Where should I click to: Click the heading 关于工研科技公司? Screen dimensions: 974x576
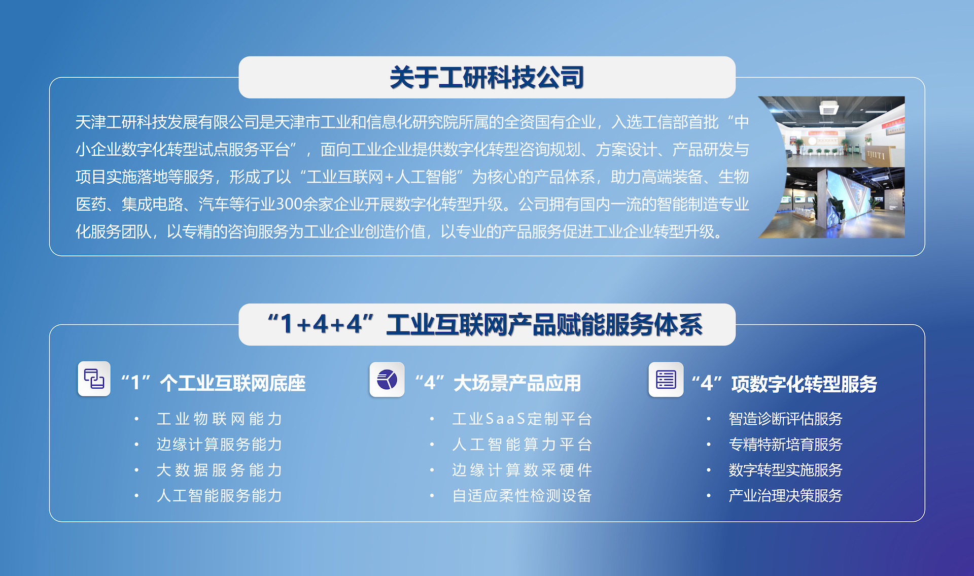(486, 78)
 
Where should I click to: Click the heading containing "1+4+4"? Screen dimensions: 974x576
(485, 324)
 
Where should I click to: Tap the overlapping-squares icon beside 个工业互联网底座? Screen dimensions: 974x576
(94, 379)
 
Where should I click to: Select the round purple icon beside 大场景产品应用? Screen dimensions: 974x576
(387, 380)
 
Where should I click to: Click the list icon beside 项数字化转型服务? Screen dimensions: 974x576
(666, 380)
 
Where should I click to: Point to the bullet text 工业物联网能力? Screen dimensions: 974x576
(219, 419)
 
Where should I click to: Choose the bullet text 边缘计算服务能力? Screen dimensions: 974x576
(219, 445)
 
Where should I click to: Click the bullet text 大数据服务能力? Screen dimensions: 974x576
(219, 470)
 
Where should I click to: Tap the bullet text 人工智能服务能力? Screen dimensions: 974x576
(219, 495)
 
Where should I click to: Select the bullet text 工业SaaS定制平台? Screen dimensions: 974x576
(522, 419)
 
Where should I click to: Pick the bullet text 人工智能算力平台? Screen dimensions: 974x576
(522, 445)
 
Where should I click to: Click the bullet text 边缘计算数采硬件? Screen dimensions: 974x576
(522, 470)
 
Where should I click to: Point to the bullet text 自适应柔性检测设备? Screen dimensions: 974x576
(522, 495)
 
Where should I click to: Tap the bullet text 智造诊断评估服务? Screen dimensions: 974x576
(785, 419)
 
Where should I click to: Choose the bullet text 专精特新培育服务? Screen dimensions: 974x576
(785, 445)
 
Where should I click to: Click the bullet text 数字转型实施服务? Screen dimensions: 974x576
(785, 470)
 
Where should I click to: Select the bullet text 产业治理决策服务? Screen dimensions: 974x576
(785, 495)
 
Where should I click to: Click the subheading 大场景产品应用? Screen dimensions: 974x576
(517, 384)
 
